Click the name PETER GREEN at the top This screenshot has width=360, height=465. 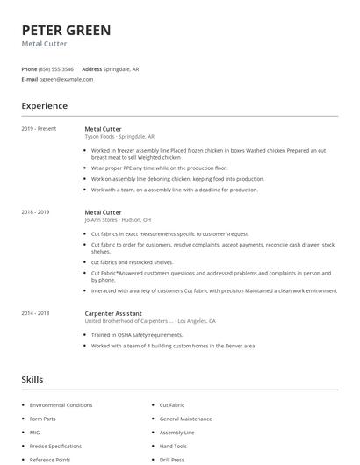pyautogui.click(x=66, y=31)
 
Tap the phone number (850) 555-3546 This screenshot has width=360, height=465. pyautogui.click(x=57, y=68)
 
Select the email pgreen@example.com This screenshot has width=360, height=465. pyautogui.click(x=66, y=79)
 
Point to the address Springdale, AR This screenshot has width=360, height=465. pyautogui.click(x=121, y=68)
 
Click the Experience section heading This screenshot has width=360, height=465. pyautogui.click(x=44, y=106)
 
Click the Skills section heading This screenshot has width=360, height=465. pyautogui.click(x=32, y=379)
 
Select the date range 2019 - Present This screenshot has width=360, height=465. pyautogui.click(x=39, y=129)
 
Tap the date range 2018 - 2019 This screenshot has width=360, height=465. pyautogui.click(x=35, y=212)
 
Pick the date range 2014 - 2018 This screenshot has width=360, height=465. pyautogui.click(x=35, y=313)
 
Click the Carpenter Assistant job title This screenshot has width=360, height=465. pyautogui.click(x=113, y=313)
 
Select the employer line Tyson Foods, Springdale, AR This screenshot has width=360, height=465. pyautogui.click(x=119, y=137)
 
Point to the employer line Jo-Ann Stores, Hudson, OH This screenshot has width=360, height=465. pyautogui.click(x=118, y=220)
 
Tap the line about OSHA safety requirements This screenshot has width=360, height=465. pyautogui.click(x=137, y=335)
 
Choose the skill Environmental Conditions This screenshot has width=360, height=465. pyautogui.click(x=61, y=405)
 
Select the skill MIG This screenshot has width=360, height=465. pyautogui.click(x=35, y=433)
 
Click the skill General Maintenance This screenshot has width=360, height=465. pyautogui.click(x=185, y=418)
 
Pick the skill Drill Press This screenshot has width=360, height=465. pyautogui.click(x=171, y=460)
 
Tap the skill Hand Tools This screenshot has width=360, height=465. pyautogui.click(x=173, y=446)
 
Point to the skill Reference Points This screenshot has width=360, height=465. pyautogui.click(x=50, y=460)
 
